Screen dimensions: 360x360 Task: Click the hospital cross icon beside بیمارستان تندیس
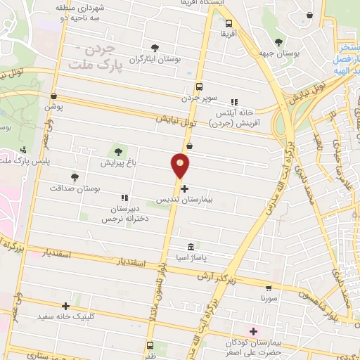pyautogui.click(x=184, y=188)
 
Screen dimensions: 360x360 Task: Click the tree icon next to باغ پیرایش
pyautogui.click(x=117, y=150)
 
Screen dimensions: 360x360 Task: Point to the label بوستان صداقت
pyautogui.click(x=76, y=189)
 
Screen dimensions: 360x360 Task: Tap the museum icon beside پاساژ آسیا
pyautogui.click(x=191, y=247)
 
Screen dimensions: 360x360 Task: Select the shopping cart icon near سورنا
pyautogui.click(x=269, y=288)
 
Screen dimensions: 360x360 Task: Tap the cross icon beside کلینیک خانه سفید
pyautogui.click(x=65, y=306)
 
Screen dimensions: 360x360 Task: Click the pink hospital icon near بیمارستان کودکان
pyautogui.click(x=253, y=330)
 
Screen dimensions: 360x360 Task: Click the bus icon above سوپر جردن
pyautogui.click(x=199, y=86)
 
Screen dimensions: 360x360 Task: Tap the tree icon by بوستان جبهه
pyautogui.click(x=279, y=43)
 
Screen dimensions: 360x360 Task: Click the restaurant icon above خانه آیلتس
pyautogui.click(x=234, y=101)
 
